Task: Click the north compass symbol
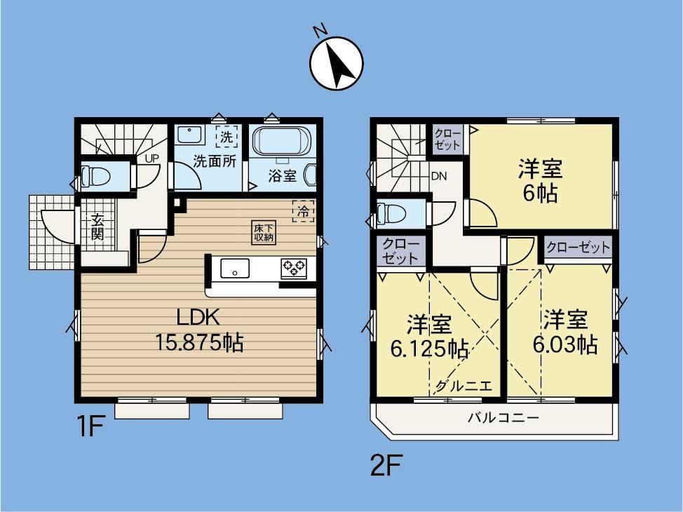(337, 63)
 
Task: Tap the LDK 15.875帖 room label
(198, 330)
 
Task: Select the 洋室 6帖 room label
(540, 181)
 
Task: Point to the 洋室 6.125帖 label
(429, 335)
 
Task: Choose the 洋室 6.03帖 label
(565, 332)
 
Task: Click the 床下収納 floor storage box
(264, 232)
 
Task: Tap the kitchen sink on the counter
(235, 268)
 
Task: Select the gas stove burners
(294, 267)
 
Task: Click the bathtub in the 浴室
(281, 141)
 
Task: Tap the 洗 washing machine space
(226, 137)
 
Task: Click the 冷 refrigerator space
(304, 211)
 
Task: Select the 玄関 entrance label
(97, 227)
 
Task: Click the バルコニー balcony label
(503, 418)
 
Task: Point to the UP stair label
(152, 159)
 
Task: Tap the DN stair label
(439, 177)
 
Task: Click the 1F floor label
(90, 426)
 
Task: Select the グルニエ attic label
(464, 386)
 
